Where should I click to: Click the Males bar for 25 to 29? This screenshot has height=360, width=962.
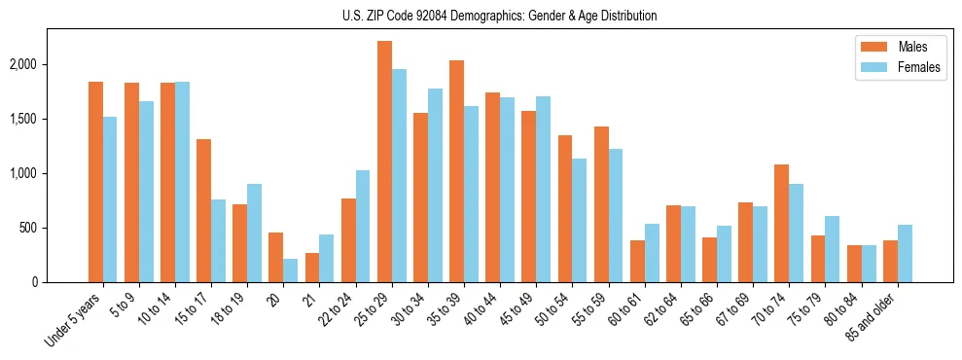[384, 162]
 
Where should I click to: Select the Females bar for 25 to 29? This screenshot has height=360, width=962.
[399, 175]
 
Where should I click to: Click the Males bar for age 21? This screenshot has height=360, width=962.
[312, 268]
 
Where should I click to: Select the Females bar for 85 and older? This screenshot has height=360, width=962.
[905, 253]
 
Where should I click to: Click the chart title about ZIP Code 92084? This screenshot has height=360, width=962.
[500, 16]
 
